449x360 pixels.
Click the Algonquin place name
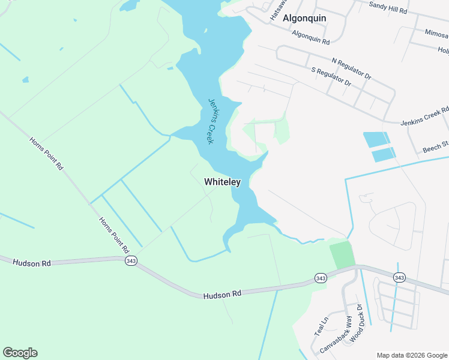(x=304, y=18)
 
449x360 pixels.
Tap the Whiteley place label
(x=222, y=181)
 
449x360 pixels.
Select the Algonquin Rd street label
(x=311, y=38)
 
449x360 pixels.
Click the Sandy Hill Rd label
(x=388, y=8)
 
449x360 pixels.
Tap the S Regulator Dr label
(x=331, y=78)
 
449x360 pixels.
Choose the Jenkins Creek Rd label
(x=424, y=115)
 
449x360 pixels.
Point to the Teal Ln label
(x=320, y=327)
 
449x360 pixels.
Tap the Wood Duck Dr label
(x=358, y=322)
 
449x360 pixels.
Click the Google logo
(x=20, y=353)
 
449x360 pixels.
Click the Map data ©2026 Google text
(x=412, y=355)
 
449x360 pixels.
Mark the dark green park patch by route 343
(x=342, y=254)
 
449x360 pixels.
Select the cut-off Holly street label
(x=443, y=50)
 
